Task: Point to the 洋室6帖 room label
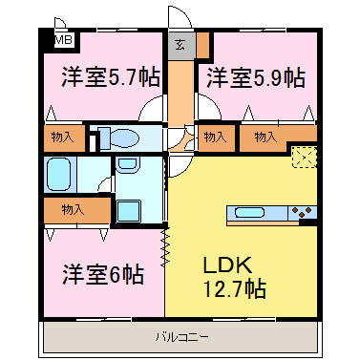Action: [x=92, y=275]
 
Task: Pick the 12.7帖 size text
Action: [x=233, y=287]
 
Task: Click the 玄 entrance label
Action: [x=180, y=43]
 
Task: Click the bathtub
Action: [x=59, y=175]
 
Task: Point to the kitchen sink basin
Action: [x=250, y=213]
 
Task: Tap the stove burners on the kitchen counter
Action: [x=305, y=213]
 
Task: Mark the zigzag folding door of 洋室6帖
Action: [x=165, y=245]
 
